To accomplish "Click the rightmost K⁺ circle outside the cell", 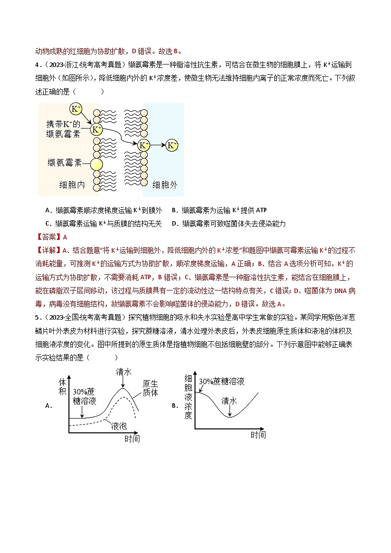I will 171,145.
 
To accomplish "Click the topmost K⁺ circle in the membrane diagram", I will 76,109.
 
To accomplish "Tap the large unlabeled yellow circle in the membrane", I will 97,164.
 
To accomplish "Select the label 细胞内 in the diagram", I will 72,185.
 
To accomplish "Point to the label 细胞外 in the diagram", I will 165,185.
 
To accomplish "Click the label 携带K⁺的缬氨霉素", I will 63,129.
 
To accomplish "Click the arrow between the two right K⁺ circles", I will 158,145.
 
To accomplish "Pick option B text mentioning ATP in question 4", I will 219,210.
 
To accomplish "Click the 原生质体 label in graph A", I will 150,388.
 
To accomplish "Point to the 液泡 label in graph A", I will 119,425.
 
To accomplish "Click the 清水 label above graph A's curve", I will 124,372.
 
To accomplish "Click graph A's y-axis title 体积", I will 62,387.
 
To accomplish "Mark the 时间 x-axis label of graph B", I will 258,435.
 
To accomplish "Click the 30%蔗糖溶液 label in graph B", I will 222,382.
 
